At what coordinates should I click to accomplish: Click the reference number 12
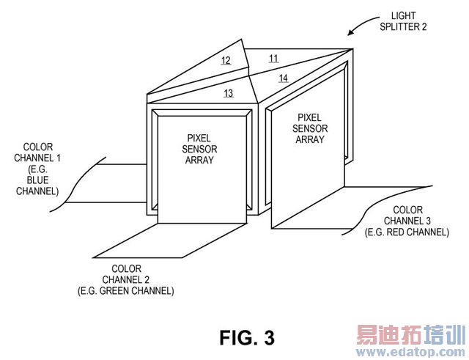226,61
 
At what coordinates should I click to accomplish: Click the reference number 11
273,59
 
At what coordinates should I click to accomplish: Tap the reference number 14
284,78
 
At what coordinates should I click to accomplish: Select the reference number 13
229,93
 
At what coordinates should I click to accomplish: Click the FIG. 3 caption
247,337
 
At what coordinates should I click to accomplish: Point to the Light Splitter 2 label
403,21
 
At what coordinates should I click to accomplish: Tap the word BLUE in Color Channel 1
37,180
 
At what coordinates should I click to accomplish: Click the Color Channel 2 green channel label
126,280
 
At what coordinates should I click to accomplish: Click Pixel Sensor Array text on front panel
199,149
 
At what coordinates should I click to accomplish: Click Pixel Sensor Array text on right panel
310,128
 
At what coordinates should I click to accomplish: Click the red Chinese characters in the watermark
389,335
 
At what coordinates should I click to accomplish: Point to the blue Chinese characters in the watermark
445,335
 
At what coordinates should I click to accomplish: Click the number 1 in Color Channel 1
58,158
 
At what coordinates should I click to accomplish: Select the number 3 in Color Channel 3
428,221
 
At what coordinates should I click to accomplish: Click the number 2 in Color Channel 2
147,279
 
